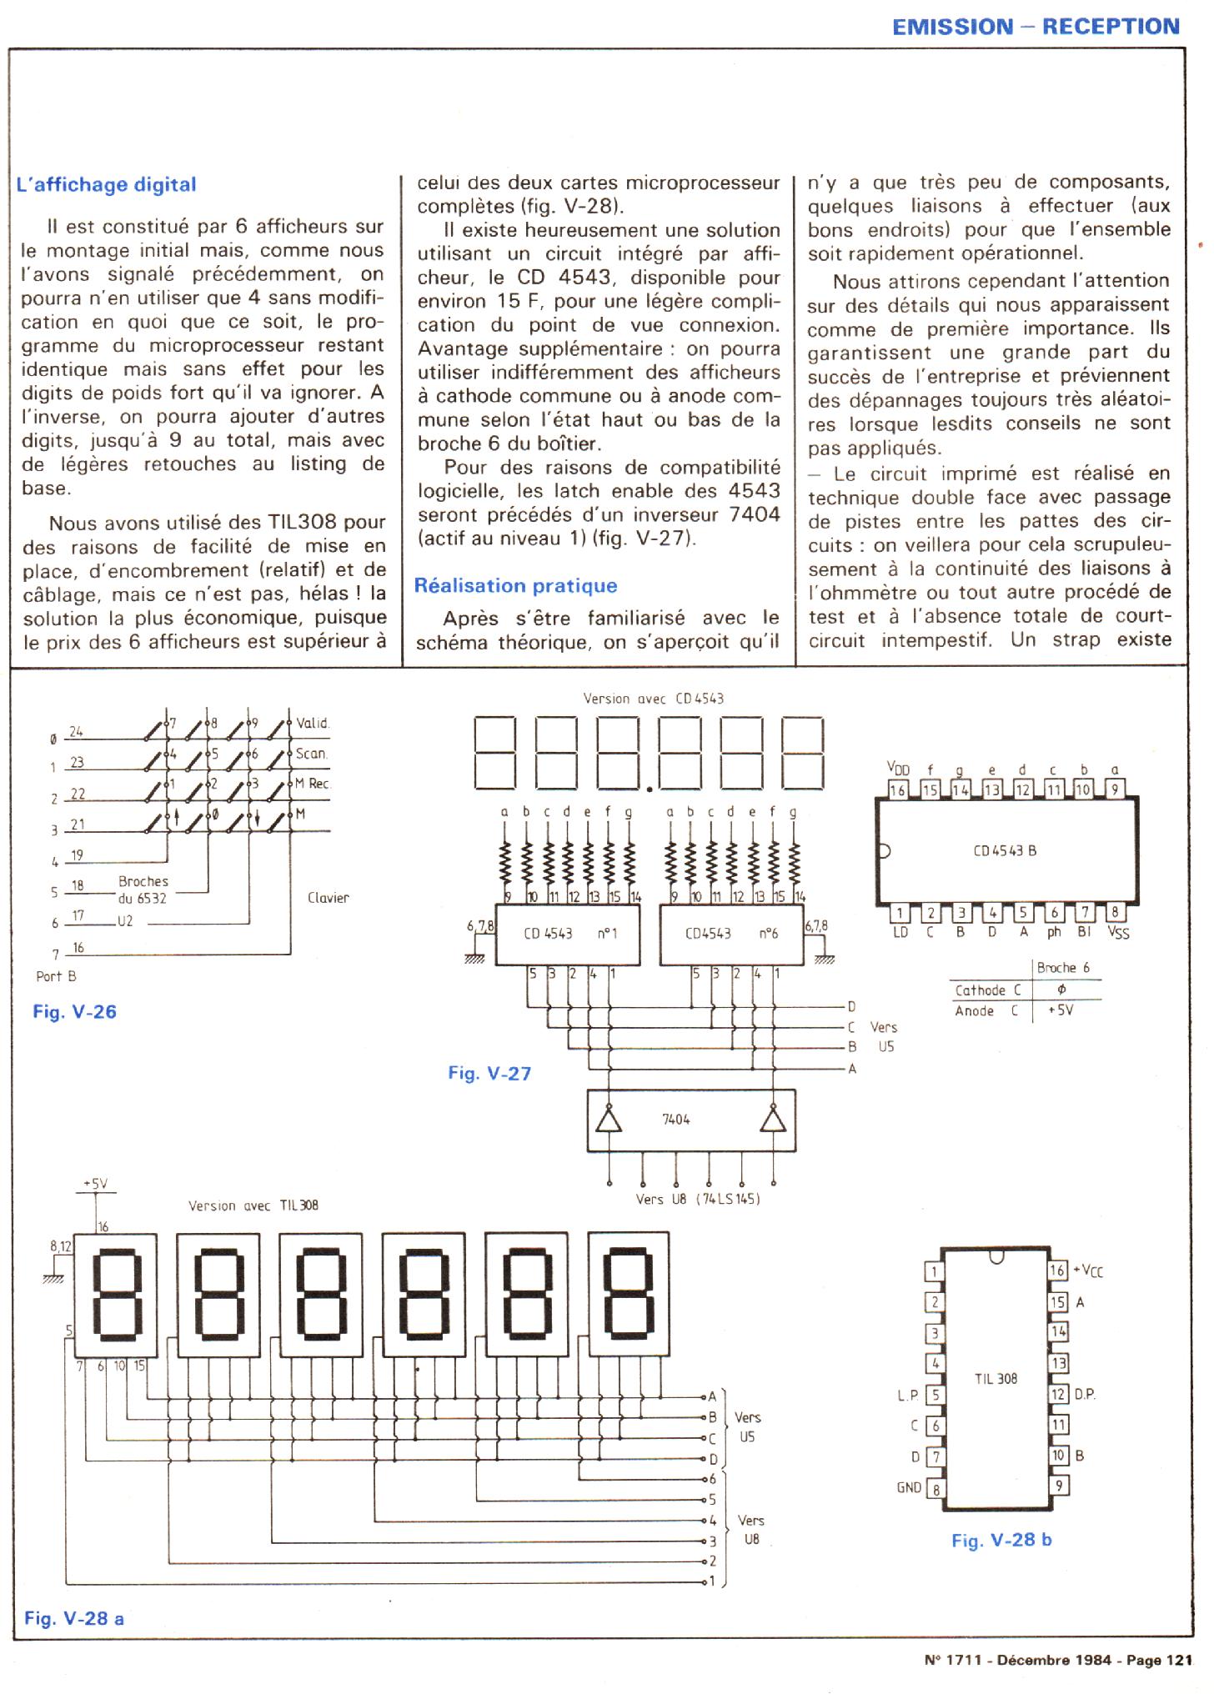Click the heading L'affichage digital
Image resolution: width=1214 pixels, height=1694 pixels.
click(x=107, y=185)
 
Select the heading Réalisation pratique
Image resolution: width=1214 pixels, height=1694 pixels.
click(x=515, y=586)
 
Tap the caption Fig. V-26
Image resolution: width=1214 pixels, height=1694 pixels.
click(x=74, y=1012)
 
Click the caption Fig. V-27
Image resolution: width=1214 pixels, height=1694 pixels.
click(x=489, y=1074)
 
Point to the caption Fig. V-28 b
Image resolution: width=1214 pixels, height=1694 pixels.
click(x=1001, y=1541)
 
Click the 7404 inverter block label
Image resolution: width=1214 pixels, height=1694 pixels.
click(x=675, y=1120)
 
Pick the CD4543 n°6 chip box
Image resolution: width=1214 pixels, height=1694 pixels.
click(x=731, y=934)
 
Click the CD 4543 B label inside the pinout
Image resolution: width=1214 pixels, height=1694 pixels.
click(x=1005, y=851)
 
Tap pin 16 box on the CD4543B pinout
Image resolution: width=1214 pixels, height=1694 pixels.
click(x=897, y=789)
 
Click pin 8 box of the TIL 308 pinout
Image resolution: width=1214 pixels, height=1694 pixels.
click(x=936, y=1488)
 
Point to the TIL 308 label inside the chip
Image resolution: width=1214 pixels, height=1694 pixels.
click(x=996, y=1379)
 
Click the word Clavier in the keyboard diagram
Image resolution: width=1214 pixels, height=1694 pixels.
click(x=328, y=898)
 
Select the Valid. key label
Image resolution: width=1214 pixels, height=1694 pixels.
click(x=313, y=724)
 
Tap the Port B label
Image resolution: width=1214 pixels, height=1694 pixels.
click(x=56, y=976)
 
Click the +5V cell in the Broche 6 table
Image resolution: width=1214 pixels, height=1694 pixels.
click(x=1061, y=1010)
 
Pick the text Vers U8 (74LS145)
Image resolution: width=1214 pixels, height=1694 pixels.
click(x=697, y=1200)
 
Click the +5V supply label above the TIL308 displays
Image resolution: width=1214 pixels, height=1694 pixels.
click(x=95, y=1184)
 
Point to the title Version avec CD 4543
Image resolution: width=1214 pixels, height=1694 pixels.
click(x=653, y=699)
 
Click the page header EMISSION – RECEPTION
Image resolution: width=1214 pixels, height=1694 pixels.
click(x=1036, y=27)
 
